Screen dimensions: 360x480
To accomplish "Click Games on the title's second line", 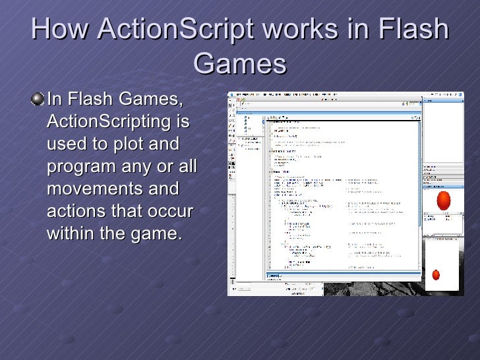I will (241, 65).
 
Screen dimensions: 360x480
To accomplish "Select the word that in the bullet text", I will (127, 211).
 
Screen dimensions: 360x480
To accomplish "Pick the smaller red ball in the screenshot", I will (435, 274).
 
